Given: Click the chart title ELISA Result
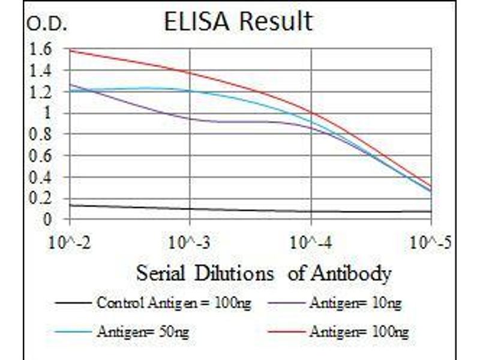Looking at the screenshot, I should (238, 22).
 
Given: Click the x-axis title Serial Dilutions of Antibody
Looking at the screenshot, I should (263, 274).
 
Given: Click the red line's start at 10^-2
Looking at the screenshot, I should (71, 50).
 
